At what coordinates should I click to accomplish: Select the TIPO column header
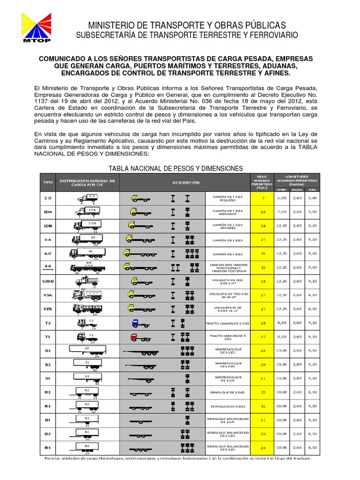pyautogui.click(x=48, y=182)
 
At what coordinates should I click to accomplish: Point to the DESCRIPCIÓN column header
pyautogui.click(x=186, y=182)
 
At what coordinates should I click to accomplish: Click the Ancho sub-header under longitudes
pyautogui.click(x=297, y=190)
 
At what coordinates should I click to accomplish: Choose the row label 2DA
pyautogui.click(x=48, y=212)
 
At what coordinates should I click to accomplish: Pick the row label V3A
pyautogui.click(x=48, y=295)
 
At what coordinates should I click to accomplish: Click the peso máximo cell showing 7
pyautogui.click(x=263, y=198)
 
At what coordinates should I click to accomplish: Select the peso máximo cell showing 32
pyautogui.click(x=263, y=267)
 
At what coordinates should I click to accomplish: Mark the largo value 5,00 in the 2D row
pyautogui.click(x=282, y=198)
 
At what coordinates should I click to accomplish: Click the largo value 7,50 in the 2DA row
pyautogui.click(x=282, y=212)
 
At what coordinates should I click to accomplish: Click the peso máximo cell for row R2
pyautogui.click(x=263, y=391)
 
